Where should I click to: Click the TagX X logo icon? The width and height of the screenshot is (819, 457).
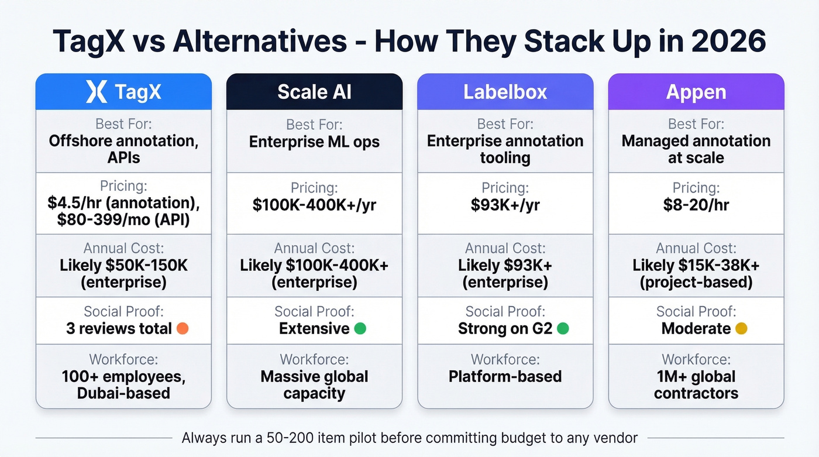97,92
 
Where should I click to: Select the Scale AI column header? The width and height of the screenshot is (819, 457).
314,92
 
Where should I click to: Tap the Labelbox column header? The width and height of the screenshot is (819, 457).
505,92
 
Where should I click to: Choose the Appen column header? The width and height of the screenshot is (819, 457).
696,92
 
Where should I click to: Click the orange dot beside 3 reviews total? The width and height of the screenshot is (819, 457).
182,328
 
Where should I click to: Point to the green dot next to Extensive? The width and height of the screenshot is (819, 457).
360,328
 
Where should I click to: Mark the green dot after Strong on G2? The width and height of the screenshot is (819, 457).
563,328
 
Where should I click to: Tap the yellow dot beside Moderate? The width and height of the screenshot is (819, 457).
741,328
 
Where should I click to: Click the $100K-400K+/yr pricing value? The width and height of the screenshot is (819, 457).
314,205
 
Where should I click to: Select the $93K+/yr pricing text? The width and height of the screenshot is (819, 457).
505,205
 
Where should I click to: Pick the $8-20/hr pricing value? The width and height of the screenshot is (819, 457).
696,205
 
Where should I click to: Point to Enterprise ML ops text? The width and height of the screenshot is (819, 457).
314,142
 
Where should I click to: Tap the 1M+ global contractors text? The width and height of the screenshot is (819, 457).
696,384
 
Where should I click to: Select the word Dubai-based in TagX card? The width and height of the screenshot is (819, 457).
123,393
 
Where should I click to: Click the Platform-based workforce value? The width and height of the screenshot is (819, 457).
505,376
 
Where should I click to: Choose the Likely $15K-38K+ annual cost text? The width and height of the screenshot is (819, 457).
696,265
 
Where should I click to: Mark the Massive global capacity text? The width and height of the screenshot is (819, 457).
314,384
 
